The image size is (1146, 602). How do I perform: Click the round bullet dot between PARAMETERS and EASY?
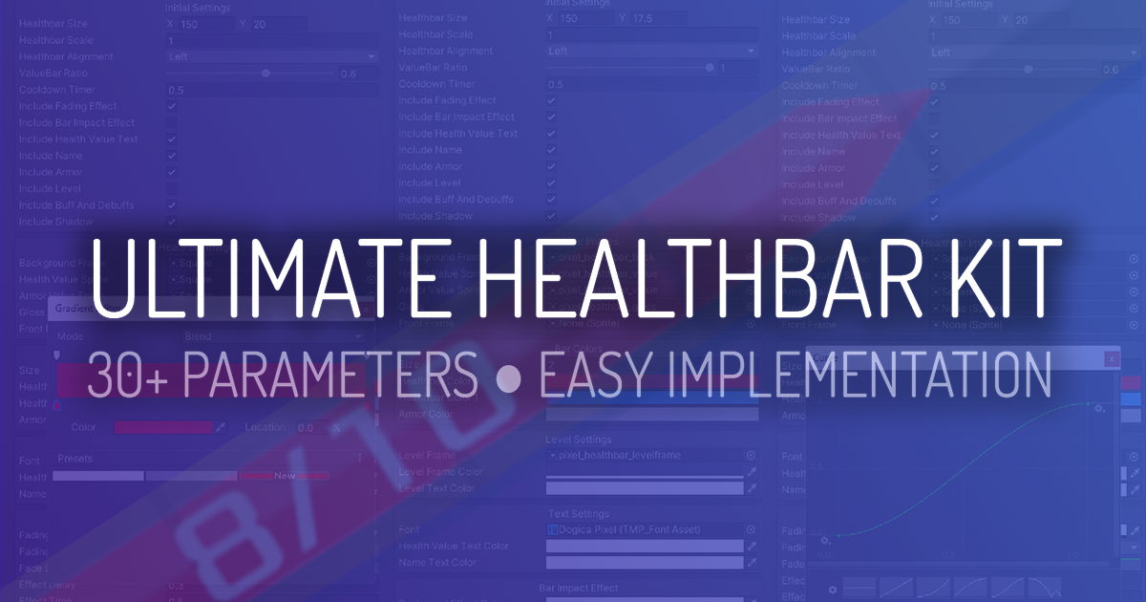[x=509, y=376]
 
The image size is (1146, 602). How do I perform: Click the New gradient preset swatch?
[x=285, y=475]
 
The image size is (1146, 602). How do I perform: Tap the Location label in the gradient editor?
[x=265, y=427]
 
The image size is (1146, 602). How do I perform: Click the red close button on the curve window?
[x=1110, y=359]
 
